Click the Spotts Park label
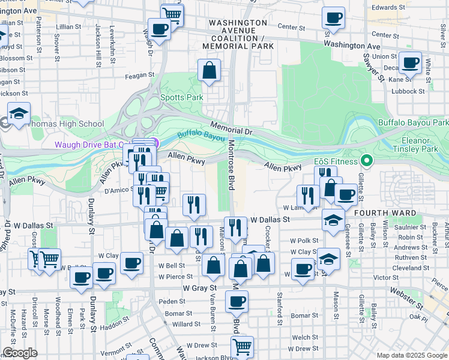pyautogui.click(x=181, y=97)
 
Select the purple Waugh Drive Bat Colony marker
pyautogui.click(x=155, y=143)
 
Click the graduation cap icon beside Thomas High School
pyautogui.click(x=19, y=113)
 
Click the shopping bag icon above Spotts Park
pyautogui.click(x=209, y=71)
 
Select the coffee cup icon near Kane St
pyautogui.click(x=411, y=62)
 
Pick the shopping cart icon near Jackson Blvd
pyautogui.click(x=241, y=346)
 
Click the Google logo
pyautogui.click(x=20, y=353)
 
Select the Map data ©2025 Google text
pyautogui.click(x=412, y=355)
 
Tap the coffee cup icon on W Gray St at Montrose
pyautogui.click(x=237, y=301)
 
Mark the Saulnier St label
pyautogui.click(x=410, y=227)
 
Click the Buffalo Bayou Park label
pyautogui.click(x=413, y=122)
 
